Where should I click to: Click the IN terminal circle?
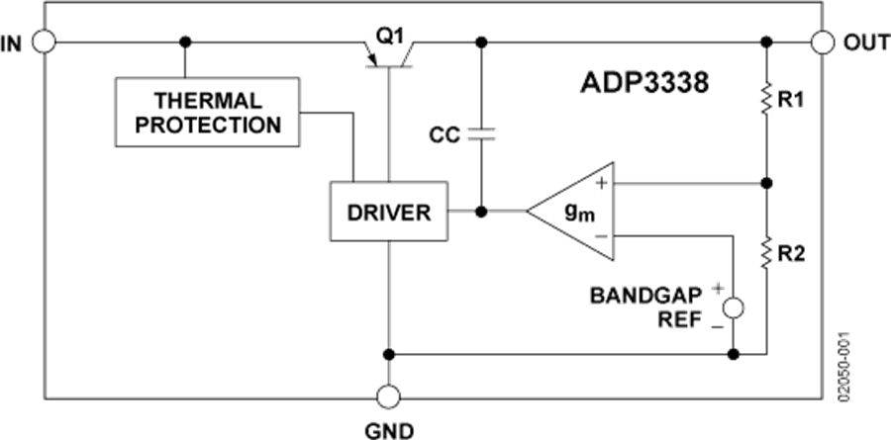45,43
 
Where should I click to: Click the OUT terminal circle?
822,43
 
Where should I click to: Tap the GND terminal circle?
389,396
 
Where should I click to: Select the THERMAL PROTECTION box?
208,113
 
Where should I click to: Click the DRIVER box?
388,212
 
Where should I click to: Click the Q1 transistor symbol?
390,50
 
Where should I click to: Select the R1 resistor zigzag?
766,101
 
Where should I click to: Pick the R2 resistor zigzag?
766,251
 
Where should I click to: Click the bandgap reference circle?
734,308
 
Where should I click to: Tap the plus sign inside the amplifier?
600,184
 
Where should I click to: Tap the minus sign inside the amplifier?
600,237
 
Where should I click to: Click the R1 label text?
793,101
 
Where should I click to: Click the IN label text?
12,44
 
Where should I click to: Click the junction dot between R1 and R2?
766,183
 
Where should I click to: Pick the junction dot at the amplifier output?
482,212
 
